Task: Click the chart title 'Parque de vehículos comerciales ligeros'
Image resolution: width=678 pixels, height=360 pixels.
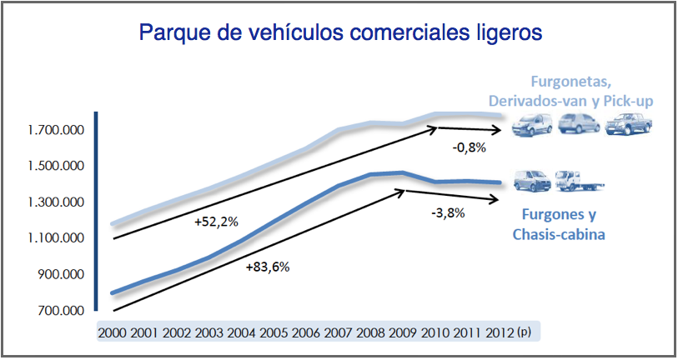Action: coord(341,32)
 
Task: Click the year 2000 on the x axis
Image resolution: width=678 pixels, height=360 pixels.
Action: coord(112,332)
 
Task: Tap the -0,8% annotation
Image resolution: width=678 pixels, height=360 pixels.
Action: coord(469,148)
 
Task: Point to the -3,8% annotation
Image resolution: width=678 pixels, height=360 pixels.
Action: coord(448,213)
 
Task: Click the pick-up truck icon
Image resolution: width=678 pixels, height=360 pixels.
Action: coord(628,125)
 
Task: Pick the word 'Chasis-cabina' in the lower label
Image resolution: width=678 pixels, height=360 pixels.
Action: coord(558,234)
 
